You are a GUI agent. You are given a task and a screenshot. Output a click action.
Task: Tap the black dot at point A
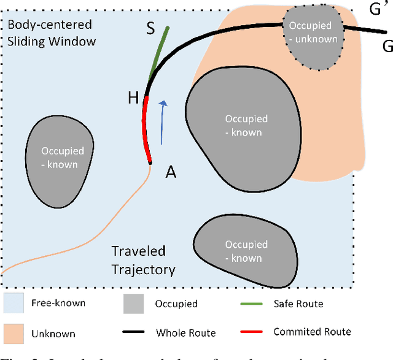150,163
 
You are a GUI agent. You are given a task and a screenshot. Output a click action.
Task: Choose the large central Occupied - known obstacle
243,126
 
